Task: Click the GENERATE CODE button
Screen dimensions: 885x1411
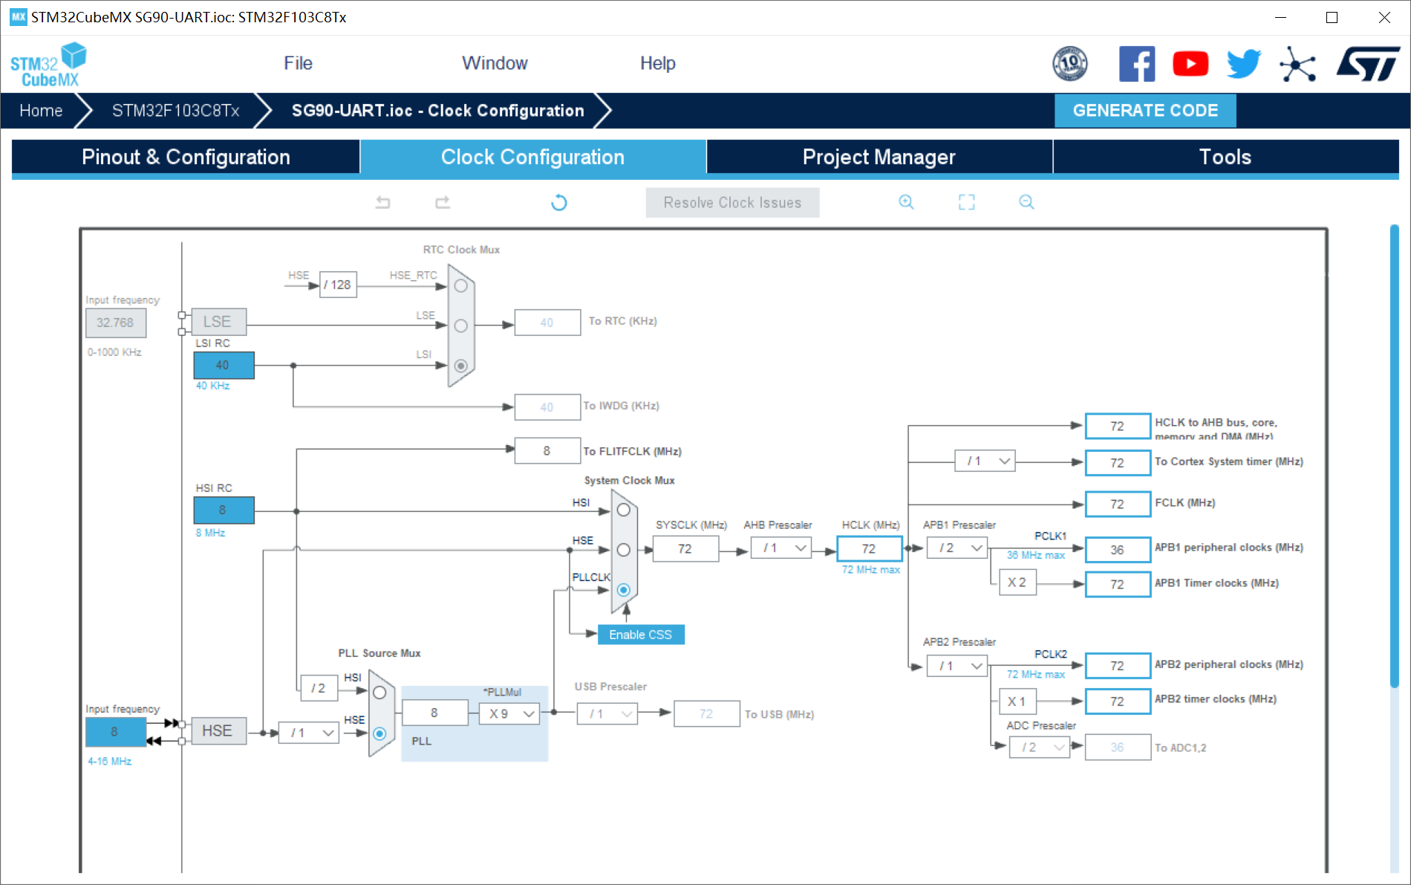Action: click(x=1144, y=111)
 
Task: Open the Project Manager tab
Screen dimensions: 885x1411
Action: click(x=879, y=157)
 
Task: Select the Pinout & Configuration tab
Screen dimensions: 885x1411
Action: click(x=186, y=157)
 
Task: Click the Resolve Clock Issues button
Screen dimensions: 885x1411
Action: click(x=732, y=203)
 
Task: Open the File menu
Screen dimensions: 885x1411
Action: click(x=298, y=63)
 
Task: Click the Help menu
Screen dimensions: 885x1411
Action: click(x=657, y=63)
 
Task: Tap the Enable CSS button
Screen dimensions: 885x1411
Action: click(x=640, y=635)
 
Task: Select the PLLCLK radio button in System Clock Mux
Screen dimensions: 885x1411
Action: click(x=624, y=590)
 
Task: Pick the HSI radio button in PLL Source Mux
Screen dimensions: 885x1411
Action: click(x=379, y=693)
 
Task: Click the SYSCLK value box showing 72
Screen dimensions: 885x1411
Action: click(x=685, y=549)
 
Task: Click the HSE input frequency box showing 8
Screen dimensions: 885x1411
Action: click(x=115, y=732)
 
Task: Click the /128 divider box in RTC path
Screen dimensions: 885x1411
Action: click(x=338, y=285)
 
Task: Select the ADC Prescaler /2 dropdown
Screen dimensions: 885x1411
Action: click(x=1040, y=748)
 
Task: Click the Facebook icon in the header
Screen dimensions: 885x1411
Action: click(x=1136, y=64)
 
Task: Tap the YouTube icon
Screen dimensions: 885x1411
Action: click(x=1190, y=64)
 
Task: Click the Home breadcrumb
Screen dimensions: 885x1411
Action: click(x=41, y=111)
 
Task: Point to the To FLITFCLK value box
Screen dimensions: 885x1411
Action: click(x=547, y=451)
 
